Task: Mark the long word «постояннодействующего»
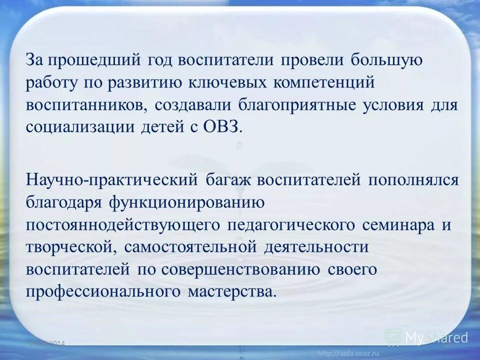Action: pyautogui.click(x=122, y=225)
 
